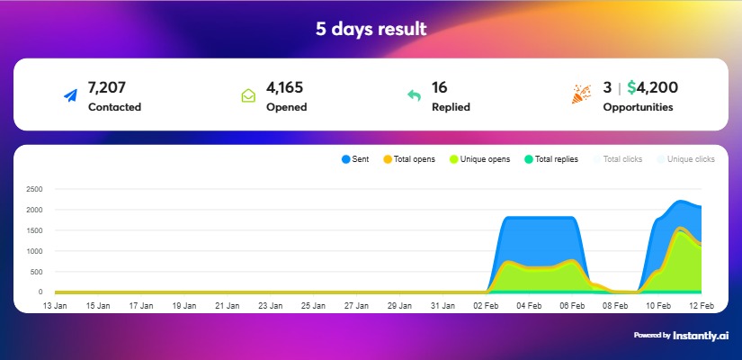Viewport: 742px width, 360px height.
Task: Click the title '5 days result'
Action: point(371,29)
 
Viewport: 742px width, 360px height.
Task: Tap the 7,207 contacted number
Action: point(106,87)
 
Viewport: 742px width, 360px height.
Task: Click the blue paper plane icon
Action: point(71,95)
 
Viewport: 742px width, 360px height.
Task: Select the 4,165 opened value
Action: point(286,87)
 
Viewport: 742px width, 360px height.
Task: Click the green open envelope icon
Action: point(248,95)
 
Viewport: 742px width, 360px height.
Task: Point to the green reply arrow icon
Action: point(414,95)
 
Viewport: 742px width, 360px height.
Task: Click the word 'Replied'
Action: point(451,107)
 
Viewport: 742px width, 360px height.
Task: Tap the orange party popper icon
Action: point(582,94)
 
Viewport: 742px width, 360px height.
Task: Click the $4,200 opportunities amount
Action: point(652,87)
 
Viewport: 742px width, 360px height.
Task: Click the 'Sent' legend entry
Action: point(355,159)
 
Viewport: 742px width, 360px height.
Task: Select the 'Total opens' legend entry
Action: point(408,159)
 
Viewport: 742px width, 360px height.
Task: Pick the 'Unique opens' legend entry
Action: point(480,159)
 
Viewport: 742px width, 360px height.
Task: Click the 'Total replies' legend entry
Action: point(550,159)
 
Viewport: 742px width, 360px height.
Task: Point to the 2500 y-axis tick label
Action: point(35,189)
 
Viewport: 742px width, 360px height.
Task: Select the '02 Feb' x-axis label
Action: point(486,306)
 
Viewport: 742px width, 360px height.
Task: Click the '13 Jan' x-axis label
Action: point(55,306)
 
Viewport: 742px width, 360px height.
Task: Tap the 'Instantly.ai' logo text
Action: point(704,336)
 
